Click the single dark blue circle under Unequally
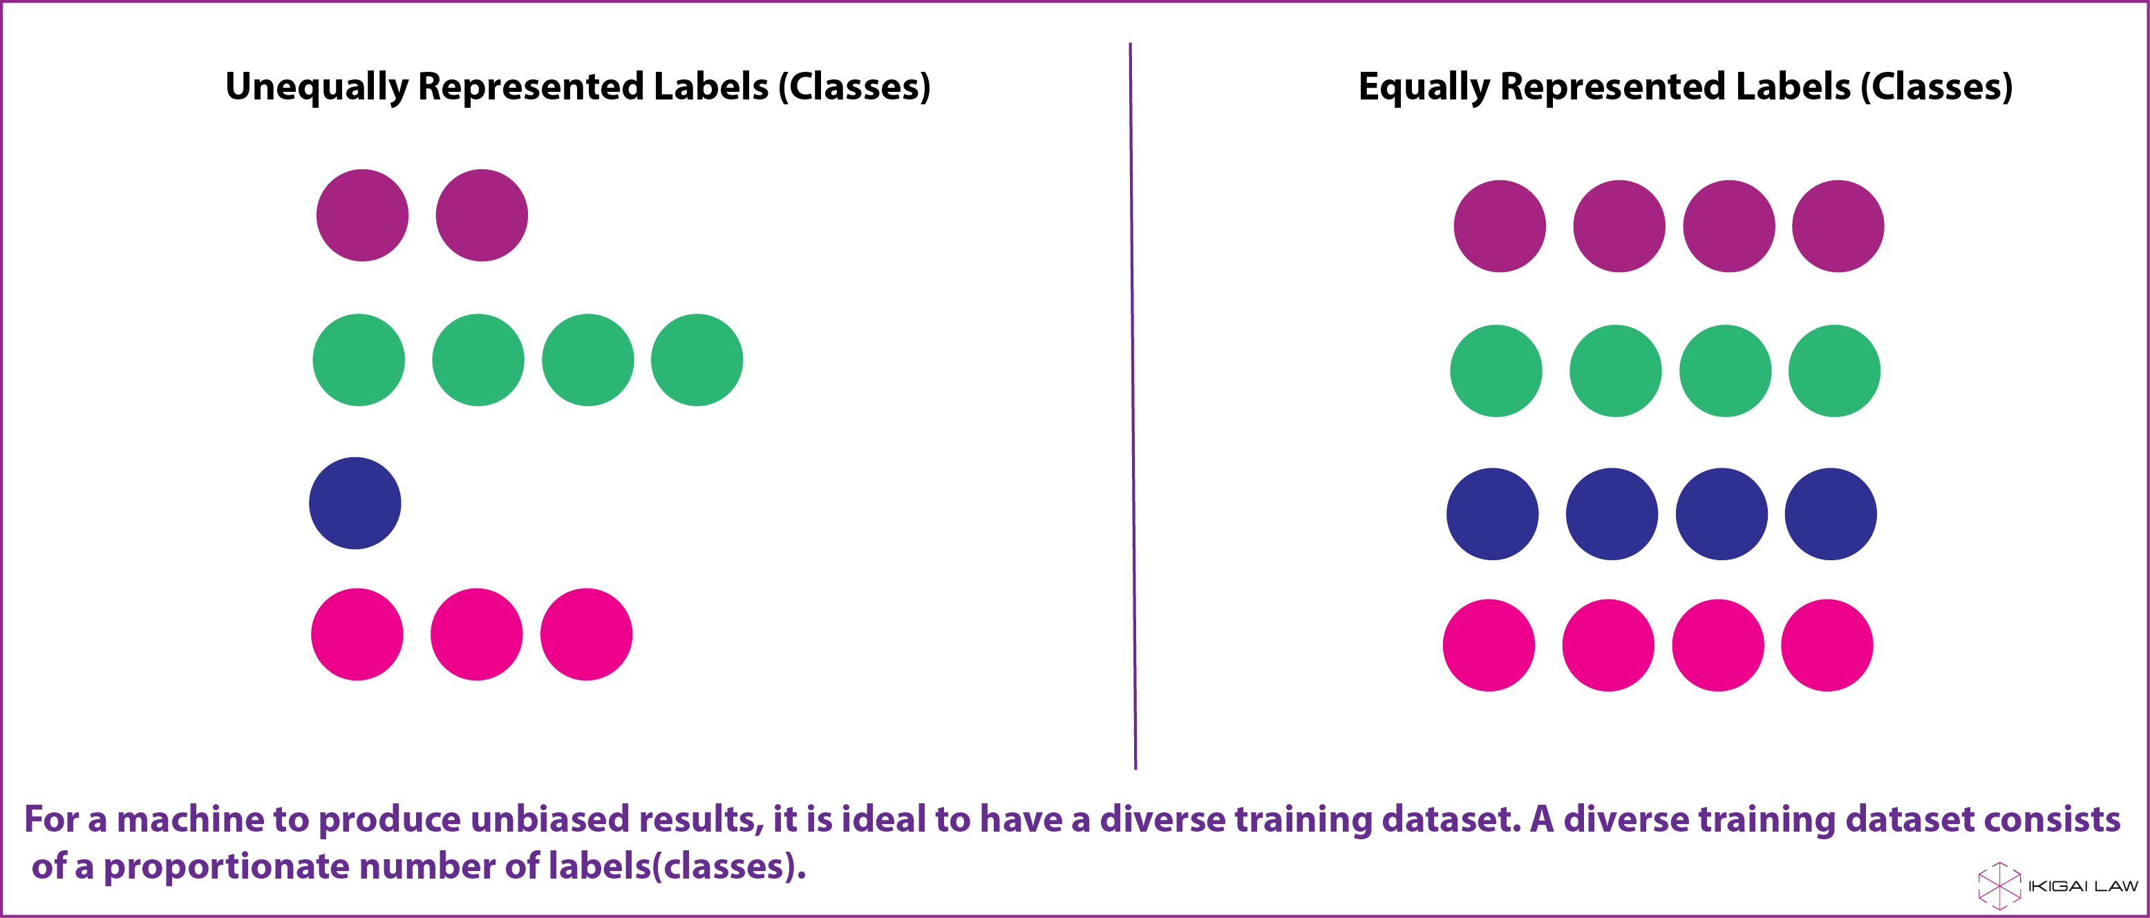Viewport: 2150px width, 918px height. pyautogui.click(x=355, y=504)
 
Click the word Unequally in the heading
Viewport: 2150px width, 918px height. pyautogui.click(x=317, y=88)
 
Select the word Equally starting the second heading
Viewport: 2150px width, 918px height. pyautogui.click(x=1424, y=88)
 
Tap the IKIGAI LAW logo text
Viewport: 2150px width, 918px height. pyautogui.click(x=2083, y=886)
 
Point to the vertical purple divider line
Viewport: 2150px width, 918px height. pyautogui.click(x=1133, y=405)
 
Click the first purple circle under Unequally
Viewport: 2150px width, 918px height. pyautogui.click(x=362, y=216)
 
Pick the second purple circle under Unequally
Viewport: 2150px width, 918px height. pyautogui.click(x=482, y=216)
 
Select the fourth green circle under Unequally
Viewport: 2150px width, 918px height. pyautogui.click(x=697, y=360)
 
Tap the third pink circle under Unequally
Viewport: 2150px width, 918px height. pyautogui.click(x=586, y=634)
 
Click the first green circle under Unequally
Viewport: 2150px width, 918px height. pyautogui.click(x=359, y=360)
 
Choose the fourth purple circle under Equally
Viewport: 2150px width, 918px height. pyautogui.click(x=1838, y=226)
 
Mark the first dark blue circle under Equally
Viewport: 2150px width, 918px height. pyautogui.click(x=1492, y=514)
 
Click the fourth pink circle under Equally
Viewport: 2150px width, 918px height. pyautogui.click(x=1827, y=645)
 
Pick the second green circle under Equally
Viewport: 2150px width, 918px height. pyautogui.click(x=1616, y=370)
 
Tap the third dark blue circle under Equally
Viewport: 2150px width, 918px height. pyautogui.click(x=1722, y=514)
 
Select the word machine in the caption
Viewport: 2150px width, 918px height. pyautogui.click(x=189, y=819)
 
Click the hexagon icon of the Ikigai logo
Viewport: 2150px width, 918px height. pyautogui.click(x=2000, y=886)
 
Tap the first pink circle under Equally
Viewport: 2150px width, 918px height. pyautogui.click(x=1489, y=645)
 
